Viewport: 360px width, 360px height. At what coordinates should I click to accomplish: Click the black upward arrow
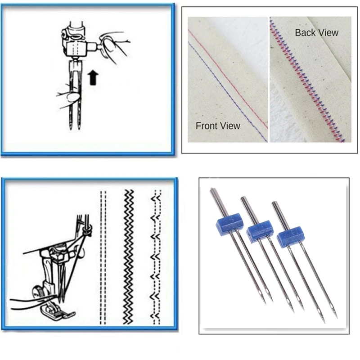click(93, 77)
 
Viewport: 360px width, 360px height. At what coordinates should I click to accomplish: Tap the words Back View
click(316, 32)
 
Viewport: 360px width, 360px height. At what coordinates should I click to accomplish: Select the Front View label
click(218, 126)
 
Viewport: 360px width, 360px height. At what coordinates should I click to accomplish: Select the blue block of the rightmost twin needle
click(289, 236)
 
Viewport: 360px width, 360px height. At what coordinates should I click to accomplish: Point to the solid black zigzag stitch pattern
click(129, 256)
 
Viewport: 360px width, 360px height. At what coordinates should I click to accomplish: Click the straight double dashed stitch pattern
click(103, 256)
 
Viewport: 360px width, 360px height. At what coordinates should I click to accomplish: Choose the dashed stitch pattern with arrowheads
click(156, 256)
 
